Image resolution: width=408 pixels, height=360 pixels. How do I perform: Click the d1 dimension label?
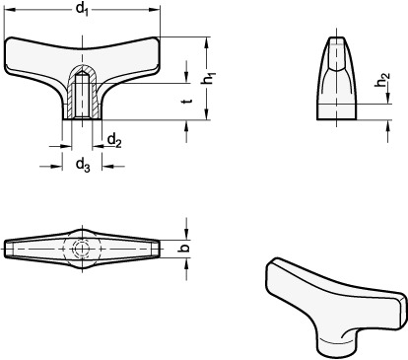pyautogui.click(x=84, y=11)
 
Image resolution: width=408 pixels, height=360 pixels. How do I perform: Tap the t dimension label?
pyautogui.click(x=187, y=101)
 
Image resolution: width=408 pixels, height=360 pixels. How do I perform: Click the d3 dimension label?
pyautogui.click(x=84, y=163)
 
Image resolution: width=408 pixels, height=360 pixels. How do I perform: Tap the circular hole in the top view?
pyautogui.click(x=84, y=247)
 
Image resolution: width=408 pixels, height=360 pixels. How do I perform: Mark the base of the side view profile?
pyautogui.click(x=337, y=118)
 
